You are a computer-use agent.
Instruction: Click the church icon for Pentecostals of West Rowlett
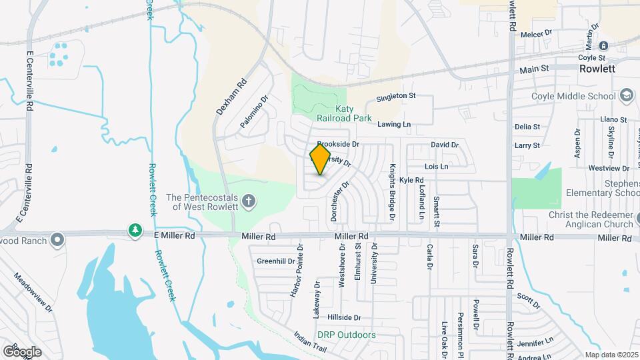pyautogui.click(x=249, y=201)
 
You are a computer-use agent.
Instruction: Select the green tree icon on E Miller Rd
pyautogui.click(x=135, y=230)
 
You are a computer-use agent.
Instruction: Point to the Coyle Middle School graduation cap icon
pyautogui.click(x=627, y=96)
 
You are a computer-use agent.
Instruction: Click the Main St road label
pyautogui.click(x=534, y=68)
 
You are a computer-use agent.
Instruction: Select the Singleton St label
pyautogui.click(x=395, y=96)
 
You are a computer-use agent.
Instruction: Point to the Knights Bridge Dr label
pyautogui.click(x=393, y=192)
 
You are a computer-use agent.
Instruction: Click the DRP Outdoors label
pyautogui.click(x=346, y=335)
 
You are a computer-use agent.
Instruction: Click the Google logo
pyautogui.click(x=22, y=351)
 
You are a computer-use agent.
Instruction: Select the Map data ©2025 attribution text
pyautogui.click(x=611, y=355)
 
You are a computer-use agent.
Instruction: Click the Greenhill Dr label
pyautogui.click(x=275, y=261)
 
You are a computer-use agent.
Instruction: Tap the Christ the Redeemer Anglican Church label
pyautogui.click(x=590, y=219)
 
